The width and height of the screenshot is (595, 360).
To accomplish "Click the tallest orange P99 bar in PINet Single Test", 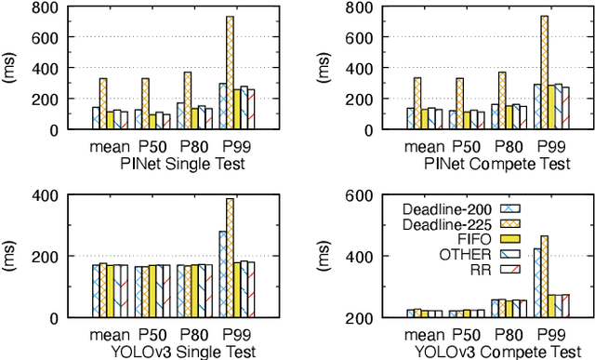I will [x=229, y=73].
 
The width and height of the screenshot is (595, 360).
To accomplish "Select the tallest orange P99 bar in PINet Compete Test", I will [x=544, y=73].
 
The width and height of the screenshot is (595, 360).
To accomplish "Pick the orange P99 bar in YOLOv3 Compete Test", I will [x=544, y=276].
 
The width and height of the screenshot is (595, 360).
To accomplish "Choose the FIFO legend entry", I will [x=470, y=239].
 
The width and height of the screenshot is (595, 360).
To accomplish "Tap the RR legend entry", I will [x=479, y=271].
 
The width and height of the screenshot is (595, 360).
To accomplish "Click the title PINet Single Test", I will [x=175, y=164].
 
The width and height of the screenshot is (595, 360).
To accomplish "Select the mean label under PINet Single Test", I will [x=110, y=147].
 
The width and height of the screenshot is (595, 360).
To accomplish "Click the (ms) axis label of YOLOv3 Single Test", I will [x=10, y=257].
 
